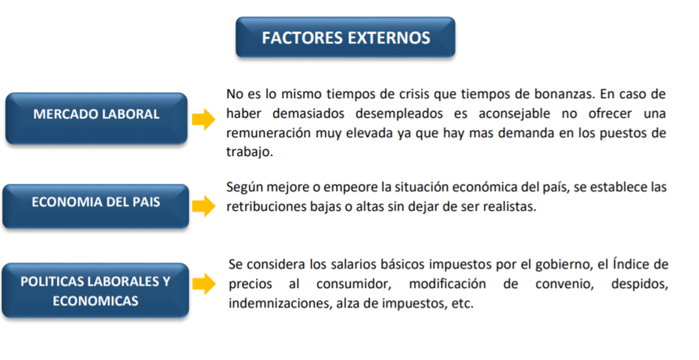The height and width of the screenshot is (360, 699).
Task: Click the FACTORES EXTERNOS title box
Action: (346, 37)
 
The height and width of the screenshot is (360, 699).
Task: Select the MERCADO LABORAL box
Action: (96, 118)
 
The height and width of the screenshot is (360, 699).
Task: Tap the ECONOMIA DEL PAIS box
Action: (96, 206)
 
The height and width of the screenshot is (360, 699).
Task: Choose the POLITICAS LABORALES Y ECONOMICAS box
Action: (95, 290)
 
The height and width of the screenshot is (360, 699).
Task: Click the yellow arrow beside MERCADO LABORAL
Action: (204, 119)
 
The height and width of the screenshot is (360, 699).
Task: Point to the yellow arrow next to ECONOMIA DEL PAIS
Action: (204, 205)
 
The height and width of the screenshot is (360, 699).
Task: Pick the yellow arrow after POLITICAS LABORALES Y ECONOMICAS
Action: (204, 283)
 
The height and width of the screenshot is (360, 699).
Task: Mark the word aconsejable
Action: (514, 114)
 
